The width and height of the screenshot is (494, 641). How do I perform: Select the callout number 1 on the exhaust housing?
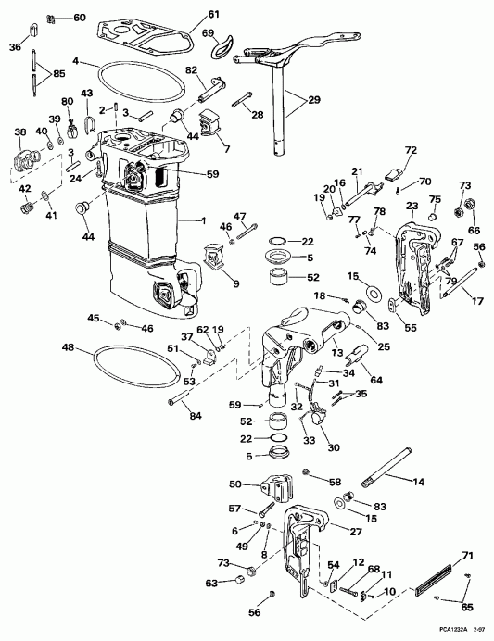[x=204, y=220]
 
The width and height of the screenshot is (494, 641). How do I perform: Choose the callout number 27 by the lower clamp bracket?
[x=353, y=531]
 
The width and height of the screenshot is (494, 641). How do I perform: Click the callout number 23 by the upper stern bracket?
[x=412, y=206]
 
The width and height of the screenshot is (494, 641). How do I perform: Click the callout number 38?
[x=20, y=132]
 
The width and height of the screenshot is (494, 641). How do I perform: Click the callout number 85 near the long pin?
[x=59, y=73]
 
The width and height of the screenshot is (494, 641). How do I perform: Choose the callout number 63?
[x=212, y=583]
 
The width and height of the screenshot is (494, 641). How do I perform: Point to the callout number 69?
[x=209, y=33]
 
